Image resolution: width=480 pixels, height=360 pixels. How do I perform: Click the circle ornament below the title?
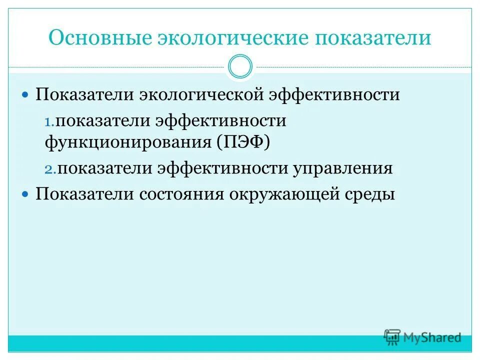pyautogui.click(x=240, y=67)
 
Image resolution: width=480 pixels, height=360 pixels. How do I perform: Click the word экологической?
pyautogui.click(x=196, y=94)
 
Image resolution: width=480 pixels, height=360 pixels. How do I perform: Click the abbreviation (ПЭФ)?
pyautogui.click(x=243, y=143)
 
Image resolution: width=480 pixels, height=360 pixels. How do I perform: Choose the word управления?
pyautogui.click(x=343, y=168)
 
